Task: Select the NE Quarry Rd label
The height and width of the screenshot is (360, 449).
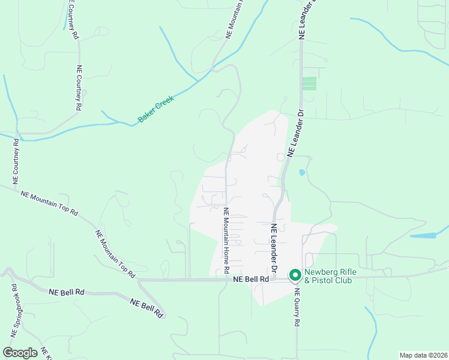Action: pyautogui.click(x=297, y=307)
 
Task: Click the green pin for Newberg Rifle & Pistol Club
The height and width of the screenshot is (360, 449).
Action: pyautogui.click(x=295, y=275)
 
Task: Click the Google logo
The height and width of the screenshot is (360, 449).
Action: pyautogui.click(x=20, y=353)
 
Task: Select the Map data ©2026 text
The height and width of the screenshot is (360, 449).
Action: pyautogui.click(x=423, y=355)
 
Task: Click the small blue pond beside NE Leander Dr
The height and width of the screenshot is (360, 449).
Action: pyautogui.click(x=301, y=173)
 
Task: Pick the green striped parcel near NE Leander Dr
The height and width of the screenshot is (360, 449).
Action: pyautogui.click(x=309, y=83)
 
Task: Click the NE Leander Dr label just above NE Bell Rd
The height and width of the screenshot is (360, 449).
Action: pyautogui.click(x=273, y=248)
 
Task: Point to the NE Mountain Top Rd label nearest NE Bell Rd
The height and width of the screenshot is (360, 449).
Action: pyautogui.click(x=115, y=253)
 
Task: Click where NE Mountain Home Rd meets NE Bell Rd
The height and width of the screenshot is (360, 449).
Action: pyautogui.click(x=226, y=279)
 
